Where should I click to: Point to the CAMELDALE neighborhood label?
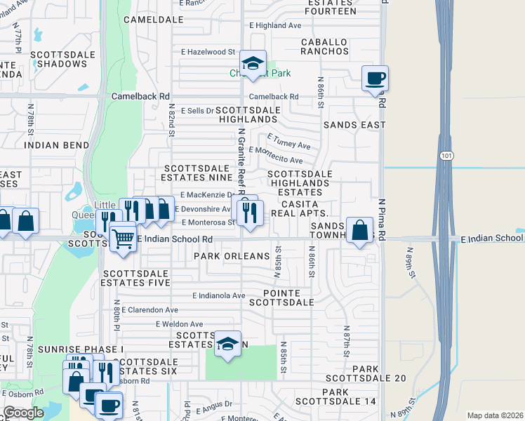(148, 20)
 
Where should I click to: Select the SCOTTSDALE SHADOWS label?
(58, 59)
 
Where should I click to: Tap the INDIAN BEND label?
(56, 145)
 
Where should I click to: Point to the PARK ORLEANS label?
(232, 256)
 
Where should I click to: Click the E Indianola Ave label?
(218, 295)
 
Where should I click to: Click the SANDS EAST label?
(354, 125)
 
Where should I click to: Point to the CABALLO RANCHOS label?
(325, 46)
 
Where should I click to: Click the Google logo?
(23, 413)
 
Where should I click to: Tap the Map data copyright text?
(495, 415)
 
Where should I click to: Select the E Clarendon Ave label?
(150, 309)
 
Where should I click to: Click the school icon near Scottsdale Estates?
(227, 344)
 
